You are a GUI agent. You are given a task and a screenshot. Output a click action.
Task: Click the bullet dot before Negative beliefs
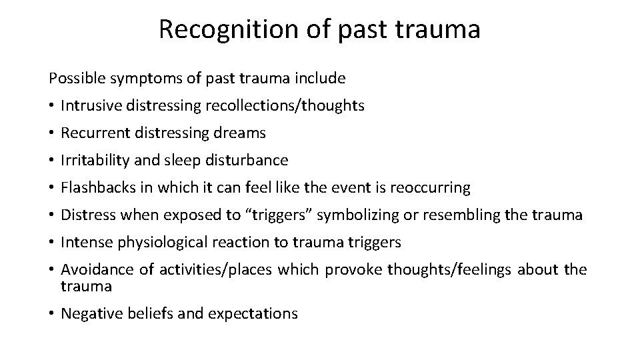(51, 313)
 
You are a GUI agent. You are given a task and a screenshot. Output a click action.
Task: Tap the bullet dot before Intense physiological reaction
(51, 243)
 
